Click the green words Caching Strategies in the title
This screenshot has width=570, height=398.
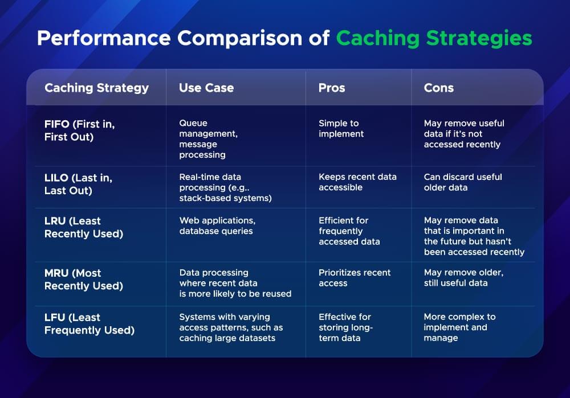pos(434,38)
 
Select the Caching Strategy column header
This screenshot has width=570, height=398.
pos(96,88)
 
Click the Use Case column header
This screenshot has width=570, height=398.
pos(206,88)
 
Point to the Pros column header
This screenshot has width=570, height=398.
pos(332,88)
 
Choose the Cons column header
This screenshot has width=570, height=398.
pos(439,88)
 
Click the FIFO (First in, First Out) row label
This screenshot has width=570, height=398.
pos(79,130)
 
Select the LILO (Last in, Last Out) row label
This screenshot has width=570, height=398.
pos(78,184)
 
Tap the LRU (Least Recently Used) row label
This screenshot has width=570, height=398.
pos(83,227)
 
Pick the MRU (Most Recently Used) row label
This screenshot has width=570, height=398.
pos(83,279)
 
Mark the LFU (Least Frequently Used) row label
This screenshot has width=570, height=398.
pos(89,323)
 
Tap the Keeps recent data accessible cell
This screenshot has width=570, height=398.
pos(357,182)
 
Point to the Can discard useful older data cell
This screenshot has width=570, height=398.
pos(463,182)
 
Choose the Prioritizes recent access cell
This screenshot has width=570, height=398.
pos(355,278)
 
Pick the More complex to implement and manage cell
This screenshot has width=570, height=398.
pos(459,327)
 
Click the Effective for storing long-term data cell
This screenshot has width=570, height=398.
pos(345,327)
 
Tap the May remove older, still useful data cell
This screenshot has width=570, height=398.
pos(463,278)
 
